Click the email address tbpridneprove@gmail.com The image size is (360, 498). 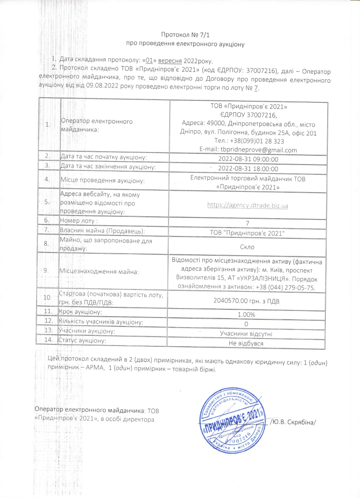[x=248, y=150]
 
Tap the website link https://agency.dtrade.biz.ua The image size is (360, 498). [x=248, y=205]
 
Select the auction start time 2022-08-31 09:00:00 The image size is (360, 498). [x=248, y=160]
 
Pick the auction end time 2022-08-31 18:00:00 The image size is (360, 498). [x=248, y=169]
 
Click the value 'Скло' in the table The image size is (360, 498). [x=248, y=246]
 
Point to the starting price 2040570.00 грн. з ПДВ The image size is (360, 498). [x=248, y=300]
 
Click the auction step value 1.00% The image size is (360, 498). [x=248, y=314]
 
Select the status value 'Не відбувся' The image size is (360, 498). [x=248, y=344]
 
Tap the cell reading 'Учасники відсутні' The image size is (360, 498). [x=248, y=334]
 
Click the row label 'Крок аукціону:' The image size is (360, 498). [x=81, y=312]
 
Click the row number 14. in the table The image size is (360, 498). [x=49, y=340]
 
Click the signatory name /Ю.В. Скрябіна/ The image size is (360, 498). [x=293, y=421]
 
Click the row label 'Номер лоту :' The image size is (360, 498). [x=79, y=221]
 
